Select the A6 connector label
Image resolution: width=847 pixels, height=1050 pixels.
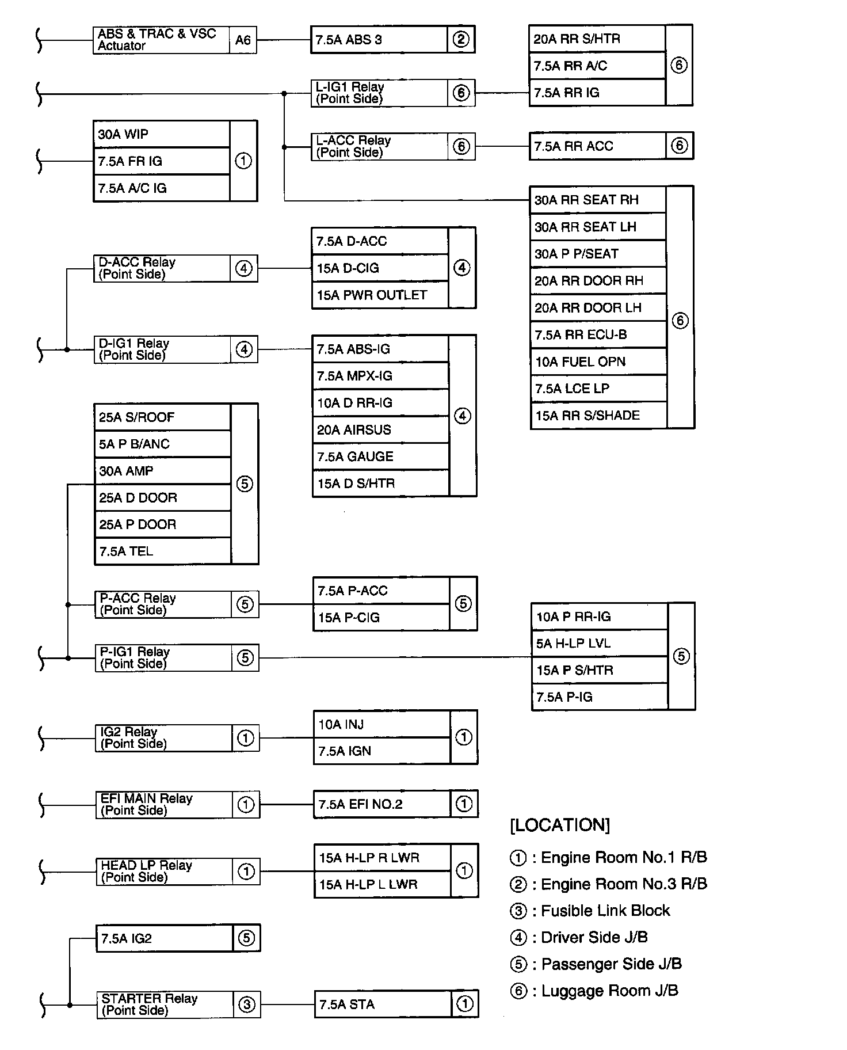coord(243,40)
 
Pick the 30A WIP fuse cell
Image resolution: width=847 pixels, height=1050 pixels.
coord(161,134)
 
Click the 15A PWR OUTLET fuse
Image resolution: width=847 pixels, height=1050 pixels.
coord(380,295)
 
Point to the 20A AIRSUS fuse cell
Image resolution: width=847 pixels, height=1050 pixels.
coord(380,429)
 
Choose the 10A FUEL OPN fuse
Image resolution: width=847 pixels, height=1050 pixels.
coord(598,362)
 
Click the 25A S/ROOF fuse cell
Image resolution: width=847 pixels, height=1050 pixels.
coord(162,417)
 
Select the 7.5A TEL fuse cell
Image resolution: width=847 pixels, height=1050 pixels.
coord(162,551)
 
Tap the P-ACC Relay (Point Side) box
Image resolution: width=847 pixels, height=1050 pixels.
coord(163,604)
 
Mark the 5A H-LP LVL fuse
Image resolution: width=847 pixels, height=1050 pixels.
coord(599,643)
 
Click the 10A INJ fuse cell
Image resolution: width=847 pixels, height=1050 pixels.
coord(381,724)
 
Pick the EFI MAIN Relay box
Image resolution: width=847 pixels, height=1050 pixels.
coord(165,804)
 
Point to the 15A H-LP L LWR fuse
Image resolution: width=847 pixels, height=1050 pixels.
coord(382,884)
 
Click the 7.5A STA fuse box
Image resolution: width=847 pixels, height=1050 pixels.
coord(383,1005)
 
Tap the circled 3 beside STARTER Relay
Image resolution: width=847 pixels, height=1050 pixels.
coord(247,1005)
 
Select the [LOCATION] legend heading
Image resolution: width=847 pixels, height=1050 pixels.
coord(560,825)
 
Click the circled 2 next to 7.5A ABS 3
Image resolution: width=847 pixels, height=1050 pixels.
coord(461,40)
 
